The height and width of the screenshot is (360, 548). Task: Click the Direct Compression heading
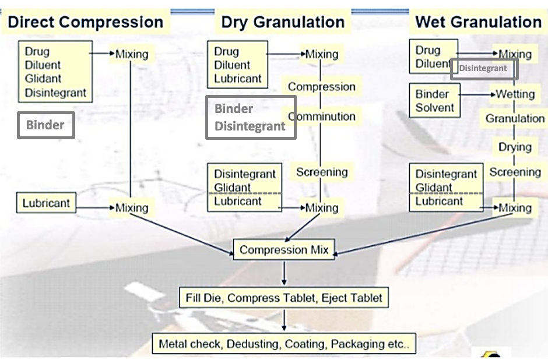[x=85, y=22]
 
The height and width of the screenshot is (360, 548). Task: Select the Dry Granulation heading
[x=282, y=23]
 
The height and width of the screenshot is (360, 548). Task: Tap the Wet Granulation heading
[x=478, y=22]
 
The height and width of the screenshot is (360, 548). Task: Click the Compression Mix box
[x=284, y=250]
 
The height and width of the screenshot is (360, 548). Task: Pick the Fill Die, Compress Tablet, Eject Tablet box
[x=283, y=298]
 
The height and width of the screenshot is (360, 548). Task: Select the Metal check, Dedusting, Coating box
[x=284, y=343]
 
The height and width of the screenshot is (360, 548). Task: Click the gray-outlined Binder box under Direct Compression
[x=45, y=125]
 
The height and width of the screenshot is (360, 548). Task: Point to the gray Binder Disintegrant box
[x=250, y=117]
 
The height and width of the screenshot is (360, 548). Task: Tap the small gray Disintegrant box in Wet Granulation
[x=483, y=68]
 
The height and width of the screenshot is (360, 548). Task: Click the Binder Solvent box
[x=434, y=101]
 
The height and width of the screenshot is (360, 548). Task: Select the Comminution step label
[x=322, y=117]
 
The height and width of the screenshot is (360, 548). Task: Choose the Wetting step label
[x=515, y=94]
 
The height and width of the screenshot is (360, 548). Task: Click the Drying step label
[x=515, y=147]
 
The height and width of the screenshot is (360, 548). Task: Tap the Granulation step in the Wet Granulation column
[x=515, y=119]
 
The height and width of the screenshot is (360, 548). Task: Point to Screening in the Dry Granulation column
[x=321, y=172]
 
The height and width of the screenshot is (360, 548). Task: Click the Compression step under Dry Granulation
[x=321, y=87]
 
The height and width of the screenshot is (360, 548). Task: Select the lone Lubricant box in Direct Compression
[x=46, y=203]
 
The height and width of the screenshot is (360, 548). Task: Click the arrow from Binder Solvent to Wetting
[x=476, y=94]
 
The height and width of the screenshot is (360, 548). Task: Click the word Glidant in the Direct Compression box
[x=43, y=79]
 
